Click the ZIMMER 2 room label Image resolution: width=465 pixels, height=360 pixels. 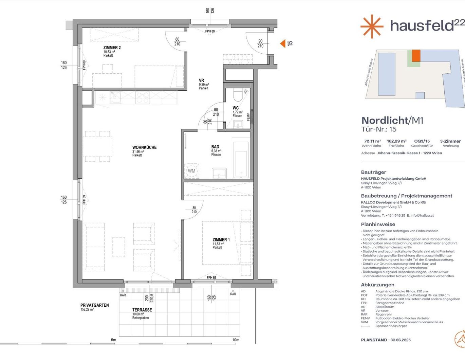click(112, 48)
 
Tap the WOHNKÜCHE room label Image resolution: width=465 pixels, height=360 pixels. click(144, 147)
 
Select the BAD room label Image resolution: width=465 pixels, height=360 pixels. click(215, 147)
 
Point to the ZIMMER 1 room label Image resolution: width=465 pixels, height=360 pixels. click(221, 240)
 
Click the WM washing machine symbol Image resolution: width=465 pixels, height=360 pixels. click(191, 171)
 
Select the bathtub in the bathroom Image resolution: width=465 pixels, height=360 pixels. click(241, 159)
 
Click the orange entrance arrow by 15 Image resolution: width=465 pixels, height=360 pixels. click(282, 43)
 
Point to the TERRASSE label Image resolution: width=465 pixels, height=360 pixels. click(142, 310)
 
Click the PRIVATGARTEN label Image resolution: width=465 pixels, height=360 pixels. click(94, 305)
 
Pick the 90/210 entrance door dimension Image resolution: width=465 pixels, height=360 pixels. click(260, 43)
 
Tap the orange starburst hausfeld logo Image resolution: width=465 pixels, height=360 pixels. click(372, 26)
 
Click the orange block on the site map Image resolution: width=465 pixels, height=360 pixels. click(416, 55)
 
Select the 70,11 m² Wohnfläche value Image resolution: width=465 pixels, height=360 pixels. click(372, 141)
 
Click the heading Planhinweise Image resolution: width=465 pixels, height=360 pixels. click(378, 224)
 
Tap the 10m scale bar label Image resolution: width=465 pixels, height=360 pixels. click(236, 340)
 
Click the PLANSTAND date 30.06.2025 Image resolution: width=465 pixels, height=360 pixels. click(401, 340)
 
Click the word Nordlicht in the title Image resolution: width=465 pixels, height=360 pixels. click(384, 120)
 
